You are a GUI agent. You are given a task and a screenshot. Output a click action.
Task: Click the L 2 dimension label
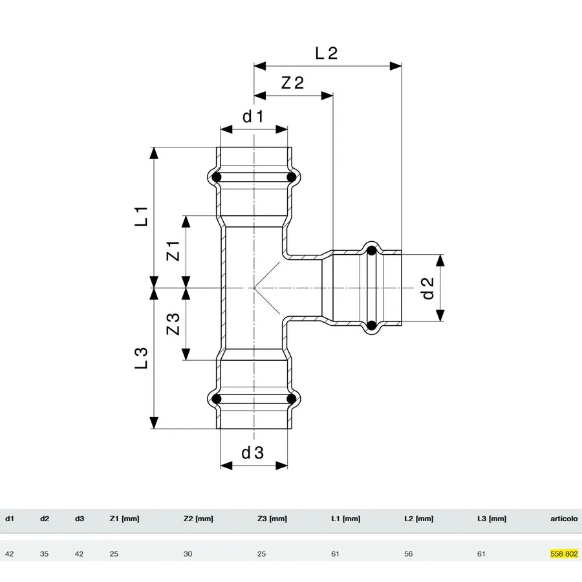click(327, 53)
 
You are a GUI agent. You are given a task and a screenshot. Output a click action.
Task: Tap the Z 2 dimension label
click(292, 82)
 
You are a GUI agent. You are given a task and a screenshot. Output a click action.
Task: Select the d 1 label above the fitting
click(253, 116)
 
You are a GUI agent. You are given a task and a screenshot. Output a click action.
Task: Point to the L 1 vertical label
click(141, 217)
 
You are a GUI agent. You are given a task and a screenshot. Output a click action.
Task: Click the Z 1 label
click(173, 251)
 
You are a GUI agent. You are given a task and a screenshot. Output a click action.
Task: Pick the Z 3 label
click(173, 324)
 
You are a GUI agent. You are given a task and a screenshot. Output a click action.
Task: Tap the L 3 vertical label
click(141, 358)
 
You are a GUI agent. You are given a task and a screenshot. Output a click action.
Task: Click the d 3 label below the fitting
click(252, 453)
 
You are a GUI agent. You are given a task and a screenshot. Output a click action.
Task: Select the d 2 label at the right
click(428, 288)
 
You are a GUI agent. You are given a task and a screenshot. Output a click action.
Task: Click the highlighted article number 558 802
click(564, 554)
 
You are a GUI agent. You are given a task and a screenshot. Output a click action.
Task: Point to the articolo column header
click(564, 519)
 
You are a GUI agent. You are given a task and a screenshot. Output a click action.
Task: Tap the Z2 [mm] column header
click(199, 519)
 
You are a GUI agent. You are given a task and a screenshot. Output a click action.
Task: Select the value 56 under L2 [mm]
click(408, 554)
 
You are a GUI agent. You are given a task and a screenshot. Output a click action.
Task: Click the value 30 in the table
click(188, 554)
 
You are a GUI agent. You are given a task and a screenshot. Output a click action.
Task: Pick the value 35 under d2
click(44, 554)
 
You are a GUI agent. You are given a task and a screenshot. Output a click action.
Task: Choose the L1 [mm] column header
click(345, 519)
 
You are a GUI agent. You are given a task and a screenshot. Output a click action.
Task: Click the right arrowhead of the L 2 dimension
click(396, 66)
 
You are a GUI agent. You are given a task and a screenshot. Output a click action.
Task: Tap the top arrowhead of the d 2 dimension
click(440, 261)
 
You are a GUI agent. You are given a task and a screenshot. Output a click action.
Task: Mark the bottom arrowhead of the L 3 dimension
click(154, 423)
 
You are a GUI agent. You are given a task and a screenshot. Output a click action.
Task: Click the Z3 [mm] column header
click(272, 519)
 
